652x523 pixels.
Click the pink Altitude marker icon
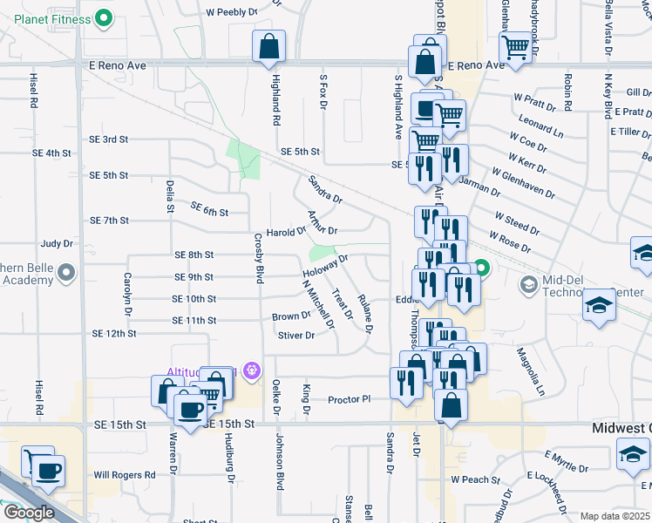[252, 370]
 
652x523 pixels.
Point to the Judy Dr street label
[57, 244]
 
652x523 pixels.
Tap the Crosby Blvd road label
[258, 258]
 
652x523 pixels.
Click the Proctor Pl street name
[350, 400]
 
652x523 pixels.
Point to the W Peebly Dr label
[233, 13]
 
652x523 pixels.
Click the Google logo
[28, 512]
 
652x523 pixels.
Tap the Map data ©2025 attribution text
[614, 516]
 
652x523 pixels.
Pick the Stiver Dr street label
[295, 336]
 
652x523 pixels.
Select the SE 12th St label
[113, 334]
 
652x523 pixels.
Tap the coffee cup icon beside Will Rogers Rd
[50, 471]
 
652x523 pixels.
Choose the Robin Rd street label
[567, 92]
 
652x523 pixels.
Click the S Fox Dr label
[323, 92]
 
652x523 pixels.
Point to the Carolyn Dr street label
[128, 293]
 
